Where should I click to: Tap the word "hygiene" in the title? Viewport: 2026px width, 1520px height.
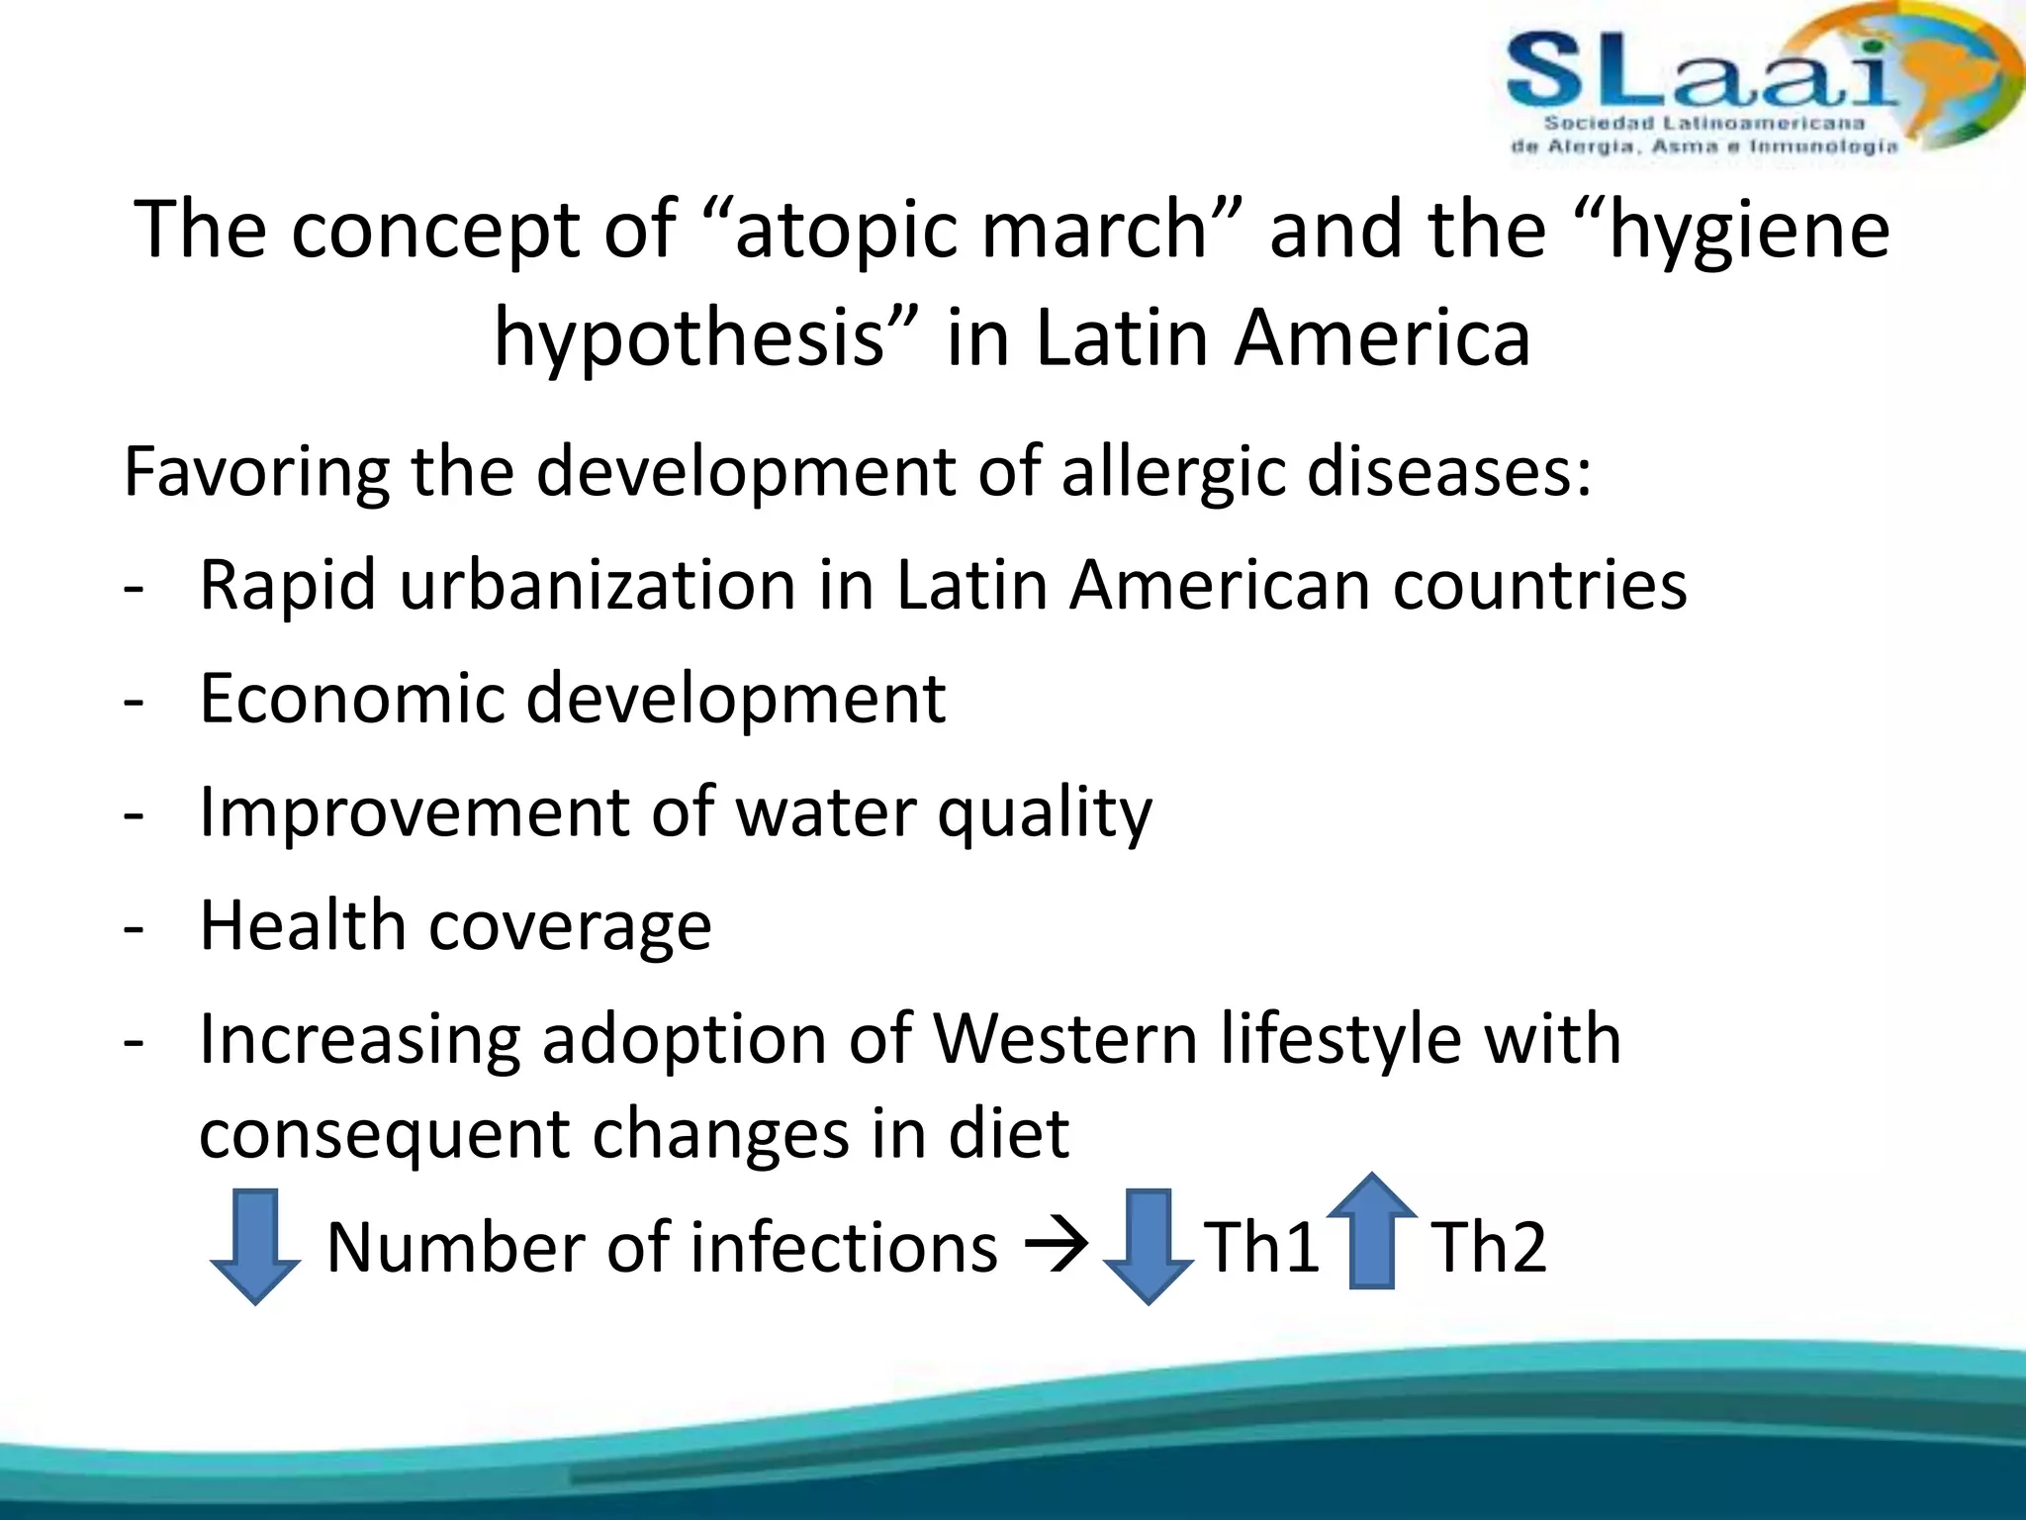(1749, 230)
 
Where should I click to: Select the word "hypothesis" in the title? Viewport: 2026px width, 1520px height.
(689, 338)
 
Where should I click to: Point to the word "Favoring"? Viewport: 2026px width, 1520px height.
(257, 472)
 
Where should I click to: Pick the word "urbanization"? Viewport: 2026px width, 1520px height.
(597, 585)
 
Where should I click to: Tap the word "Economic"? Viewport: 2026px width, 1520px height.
(351, 699)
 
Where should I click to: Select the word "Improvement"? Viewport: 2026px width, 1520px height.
(414, 812)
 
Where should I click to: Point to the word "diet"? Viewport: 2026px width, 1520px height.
(1009, 1133)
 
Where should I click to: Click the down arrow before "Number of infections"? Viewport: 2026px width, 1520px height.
(255, 1247)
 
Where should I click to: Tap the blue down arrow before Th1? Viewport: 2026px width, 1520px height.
(1148, 1247)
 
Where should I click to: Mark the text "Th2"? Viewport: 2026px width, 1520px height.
(1488, 1247)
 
